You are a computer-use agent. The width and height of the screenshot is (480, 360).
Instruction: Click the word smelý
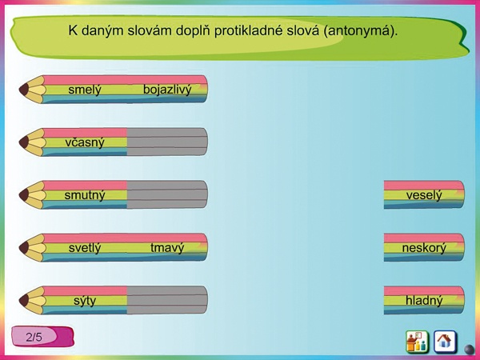click(x=85, y=90)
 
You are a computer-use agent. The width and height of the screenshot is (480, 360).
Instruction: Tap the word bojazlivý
click(x=167, y=90)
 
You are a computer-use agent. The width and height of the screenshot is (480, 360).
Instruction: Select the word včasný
click(x=85, y=142)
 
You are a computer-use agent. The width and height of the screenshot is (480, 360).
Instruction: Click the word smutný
click(x=85, y=195)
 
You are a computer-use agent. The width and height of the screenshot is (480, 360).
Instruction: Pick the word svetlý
click(x=85, y=248)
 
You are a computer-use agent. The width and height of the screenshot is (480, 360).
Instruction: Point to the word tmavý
click(x=167, y=248)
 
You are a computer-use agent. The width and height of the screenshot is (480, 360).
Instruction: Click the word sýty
click(x=85, y=301)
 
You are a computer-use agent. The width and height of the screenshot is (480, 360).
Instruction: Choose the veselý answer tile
click(x=424, y=195)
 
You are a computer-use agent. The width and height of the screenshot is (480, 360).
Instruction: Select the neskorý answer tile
click(x=424, y=248)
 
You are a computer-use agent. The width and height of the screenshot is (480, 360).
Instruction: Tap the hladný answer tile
click(x=424, y=300)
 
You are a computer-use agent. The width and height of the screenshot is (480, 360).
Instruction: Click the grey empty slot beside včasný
click(x=167, y=142)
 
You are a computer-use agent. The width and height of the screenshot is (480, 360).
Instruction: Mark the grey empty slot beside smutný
click(x=167, y=194)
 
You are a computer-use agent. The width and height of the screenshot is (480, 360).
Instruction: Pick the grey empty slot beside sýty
click(x=167, y=300)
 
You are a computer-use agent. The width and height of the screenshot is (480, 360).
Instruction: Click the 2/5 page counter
click(x=42, y=337)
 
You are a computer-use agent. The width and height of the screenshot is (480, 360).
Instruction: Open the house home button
click(x=445, y=342)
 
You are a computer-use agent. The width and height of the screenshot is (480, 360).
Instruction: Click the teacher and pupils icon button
click(x=417, y=342)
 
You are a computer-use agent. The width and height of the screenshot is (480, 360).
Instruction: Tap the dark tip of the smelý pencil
click(x=24, y=90)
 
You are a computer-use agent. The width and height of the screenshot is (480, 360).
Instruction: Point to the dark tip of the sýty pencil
click(x=24, y=300)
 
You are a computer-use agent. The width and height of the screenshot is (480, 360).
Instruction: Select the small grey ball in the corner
click(x=470, y=349)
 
